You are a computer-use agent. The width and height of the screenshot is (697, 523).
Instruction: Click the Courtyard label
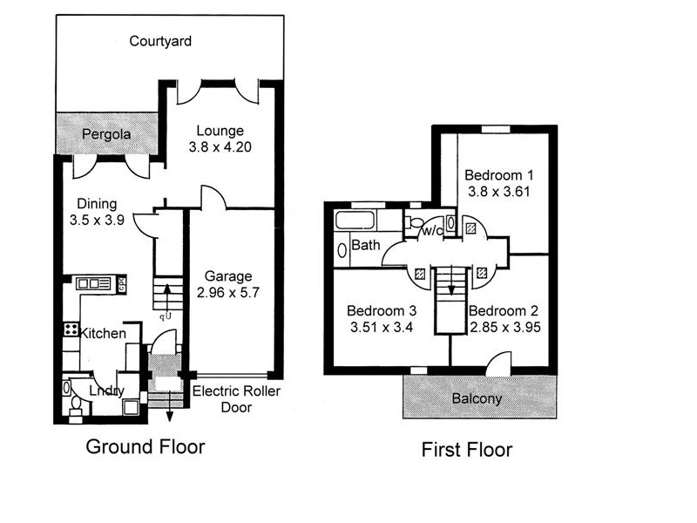pos(160,41)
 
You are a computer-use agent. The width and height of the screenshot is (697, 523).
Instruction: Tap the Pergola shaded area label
pos(106,135)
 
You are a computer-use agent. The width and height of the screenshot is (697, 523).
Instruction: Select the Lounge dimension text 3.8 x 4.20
pos(220,147)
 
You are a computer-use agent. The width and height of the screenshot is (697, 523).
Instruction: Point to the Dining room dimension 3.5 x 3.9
pos(98,221)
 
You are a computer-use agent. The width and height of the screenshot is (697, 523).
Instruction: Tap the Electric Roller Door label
pos(236,399)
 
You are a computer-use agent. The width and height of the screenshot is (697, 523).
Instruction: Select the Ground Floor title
pos(145,448)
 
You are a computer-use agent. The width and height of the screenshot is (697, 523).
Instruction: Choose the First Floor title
pos(467,451)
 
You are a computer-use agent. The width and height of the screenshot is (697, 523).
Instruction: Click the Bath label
pos(365,246)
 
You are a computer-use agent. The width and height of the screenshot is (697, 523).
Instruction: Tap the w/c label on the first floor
pos(430,232)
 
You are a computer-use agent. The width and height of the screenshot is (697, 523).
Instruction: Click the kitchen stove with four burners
pos(71,329)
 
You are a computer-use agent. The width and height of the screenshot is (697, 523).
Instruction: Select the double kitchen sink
pos(93,283)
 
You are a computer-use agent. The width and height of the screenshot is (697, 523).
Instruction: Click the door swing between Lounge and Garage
pos(213,198)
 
